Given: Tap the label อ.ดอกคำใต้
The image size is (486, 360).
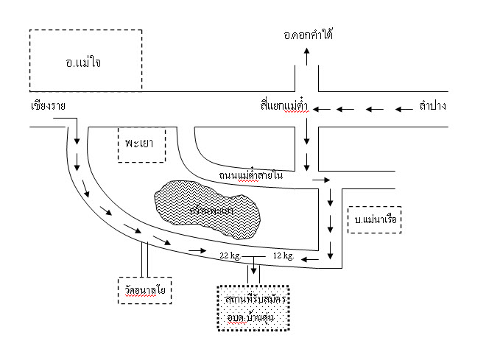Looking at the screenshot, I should tap(308, 34).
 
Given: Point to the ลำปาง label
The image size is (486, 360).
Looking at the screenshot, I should tap(433, 107).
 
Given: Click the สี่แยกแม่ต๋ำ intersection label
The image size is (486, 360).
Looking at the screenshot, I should tap(283, 107).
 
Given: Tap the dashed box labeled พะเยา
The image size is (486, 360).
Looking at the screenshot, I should tap(141, 145).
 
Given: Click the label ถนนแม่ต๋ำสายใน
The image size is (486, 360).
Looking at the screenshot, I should tap(250, 176).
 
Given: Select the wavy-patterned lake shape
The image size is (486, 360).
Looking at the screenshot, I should tap(208, 210).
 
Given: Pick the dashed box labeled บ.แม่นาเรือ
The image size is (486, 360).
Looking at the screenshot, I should tap(374, 219).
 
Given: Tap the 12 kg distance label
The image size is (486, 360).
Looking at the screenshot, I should tap(283, 255).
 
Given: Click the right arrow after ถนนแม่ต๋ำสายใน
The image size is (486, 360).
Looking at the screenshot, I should tap(320, 179).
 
